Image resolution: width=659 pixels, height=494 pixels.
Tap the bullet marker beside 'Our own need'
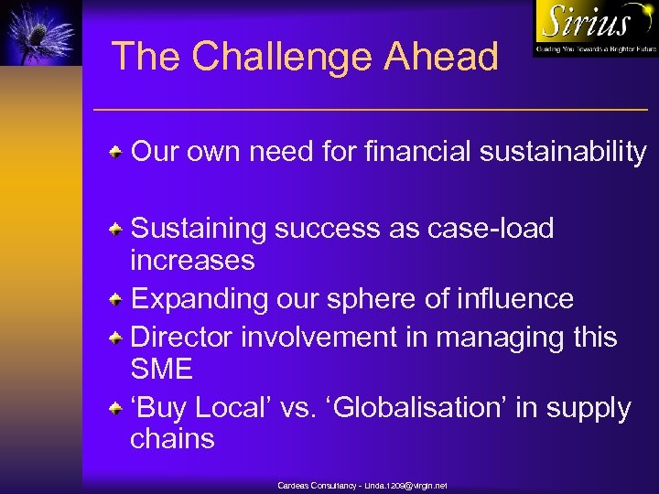click(117, 151)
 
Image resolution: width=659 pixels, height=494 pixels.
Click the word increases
click(192, 261)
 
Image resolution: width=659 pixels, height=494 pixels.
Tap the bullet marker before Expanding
click(117, 299)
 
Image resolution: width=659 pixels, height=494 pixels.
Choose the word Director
click(182, 337)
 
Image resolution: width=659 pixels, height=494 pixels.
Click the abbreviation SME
click(162, 370)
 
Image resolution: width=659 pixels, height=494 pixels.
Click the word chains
click(172, 439)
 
